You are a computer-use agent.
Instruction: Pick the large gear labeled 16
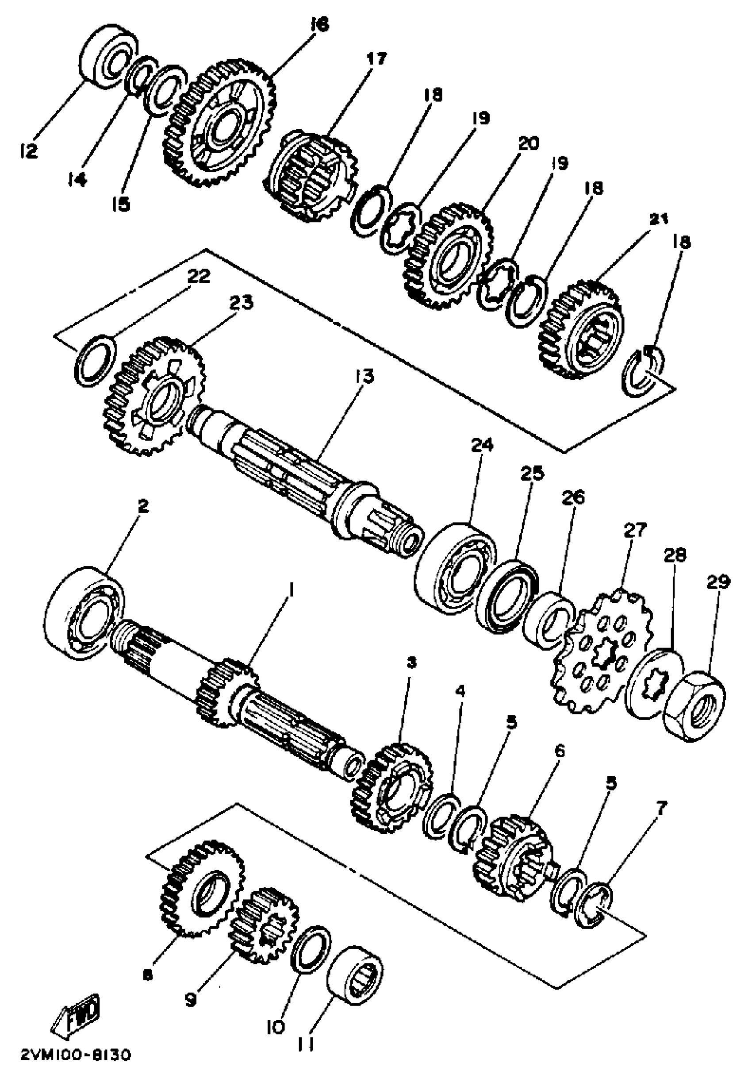pos(219,123)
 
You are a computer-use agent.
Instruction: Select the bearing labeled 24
pos(456,567)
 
